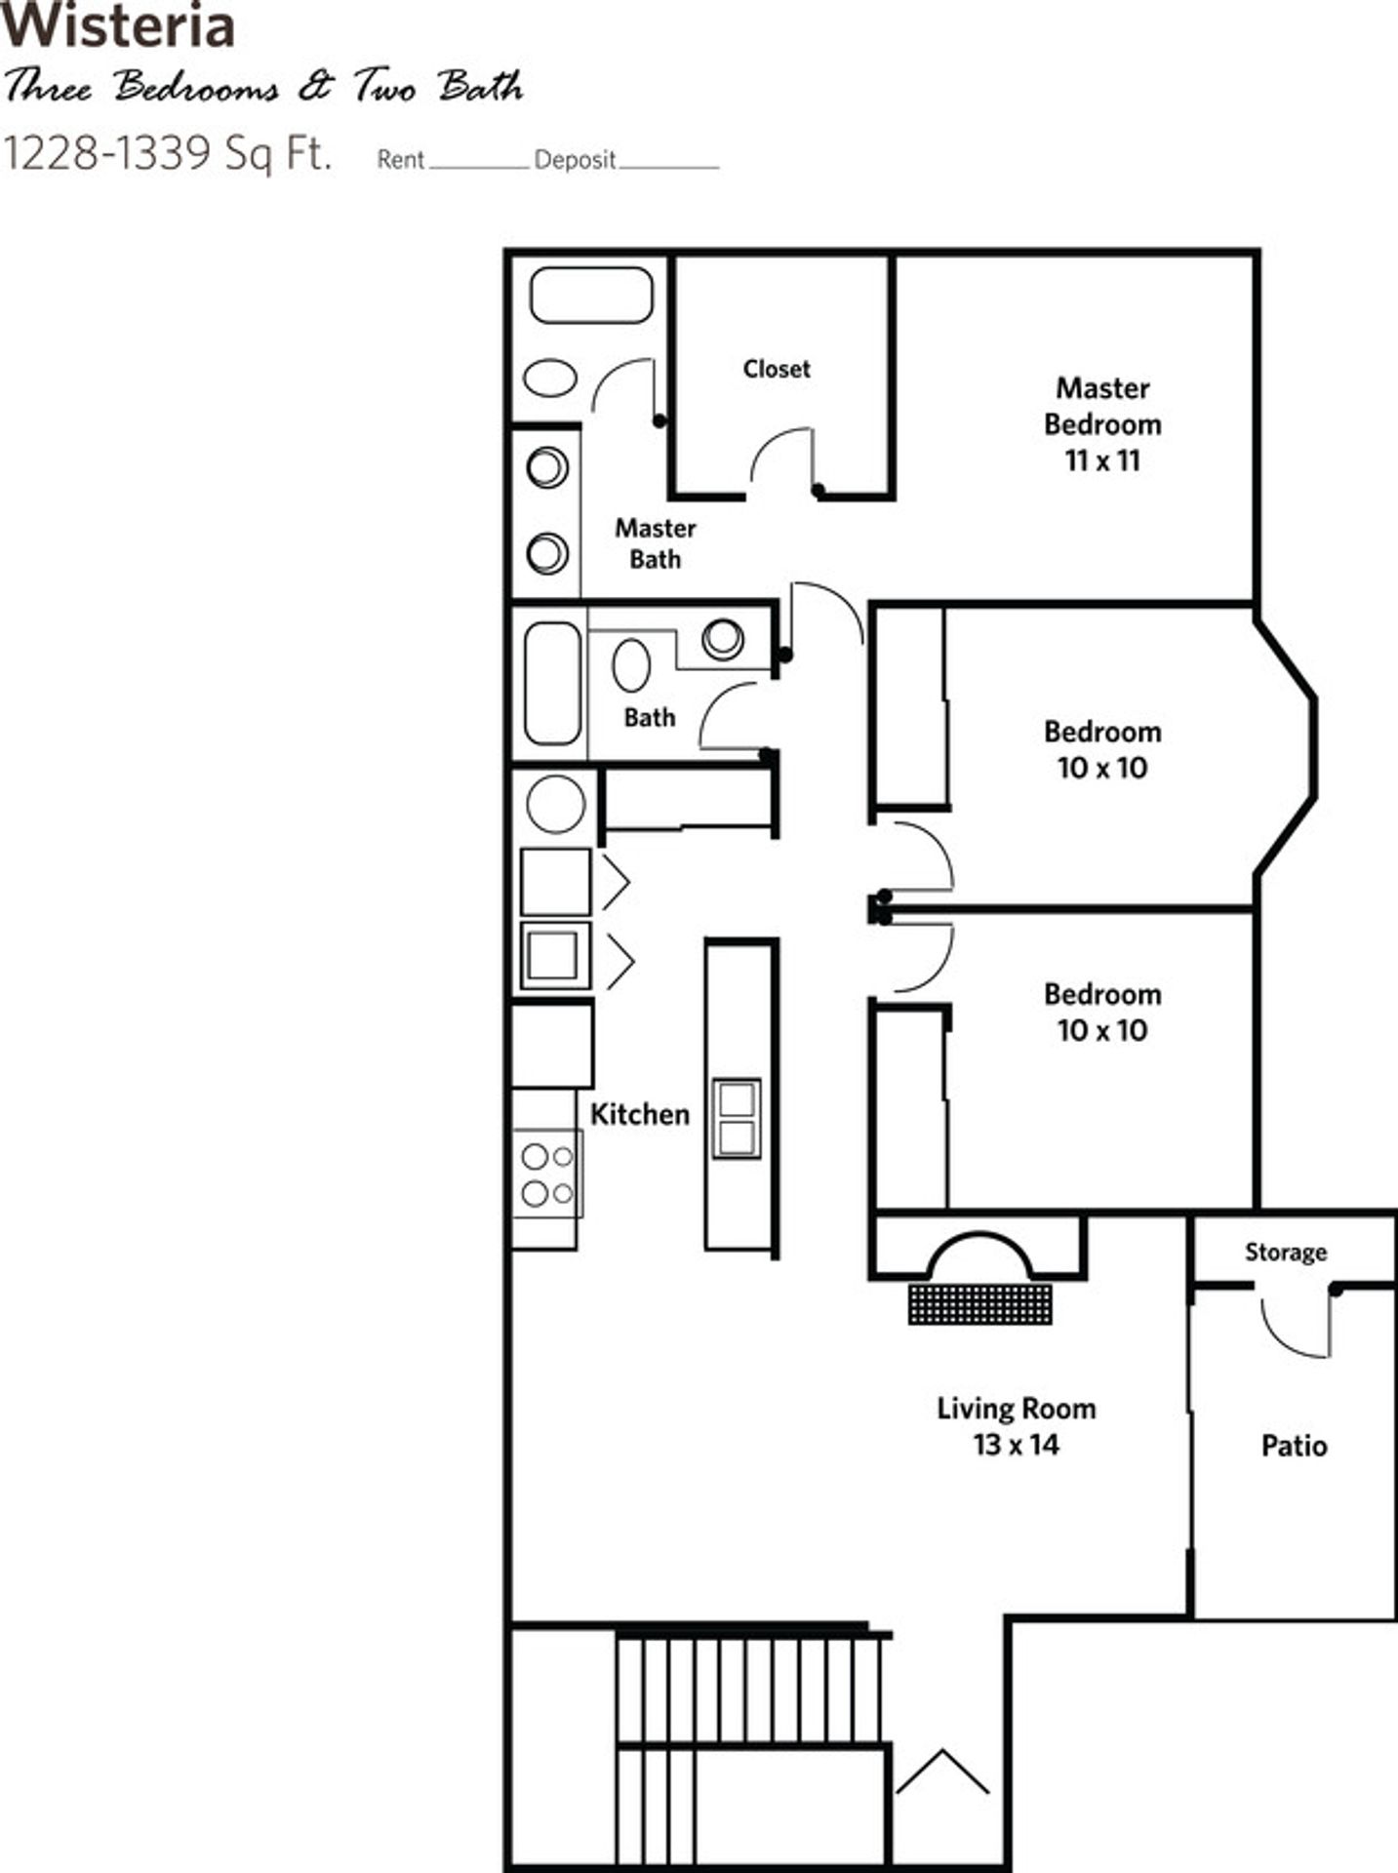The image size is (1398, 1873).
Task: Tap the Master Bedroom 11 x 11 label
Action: coord(1102,424)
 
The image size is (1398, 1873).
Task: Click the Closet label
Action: coord(777,369)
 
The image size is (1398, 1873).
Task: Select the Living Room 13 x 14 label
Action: coord(1016,1426)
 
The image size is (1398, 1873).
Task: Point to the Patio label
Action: coord(1294,1446)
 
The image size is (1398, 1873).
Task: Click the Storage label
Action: coord(1285,1252)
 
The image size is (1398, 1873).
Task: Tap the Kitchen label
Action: coord(640,1114)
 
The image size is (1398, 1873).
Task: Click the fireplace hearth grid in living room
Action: coord(979,1303)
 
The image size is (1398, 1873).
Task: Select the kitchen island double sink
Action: coord(736,1118)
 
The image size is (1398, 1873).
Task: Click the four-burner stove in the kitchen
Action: coord(546,1175)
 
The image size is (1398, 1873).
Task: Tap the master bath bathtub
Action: coord(591,295)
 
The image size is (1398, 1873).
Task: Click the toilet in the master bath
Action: coord(550,379)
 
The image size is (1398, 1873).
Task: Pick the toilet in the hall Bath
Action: coord(631,665)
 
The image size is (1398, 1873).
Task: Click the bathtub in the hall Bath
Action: coord(552,683)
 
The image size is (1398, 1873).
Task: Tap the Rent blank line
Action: coord(478,166)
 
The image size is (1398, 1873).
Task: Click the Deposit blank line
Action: coord(668,166)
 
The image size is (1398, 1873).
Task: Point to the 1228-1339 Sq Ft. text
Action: coord(167,153)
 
